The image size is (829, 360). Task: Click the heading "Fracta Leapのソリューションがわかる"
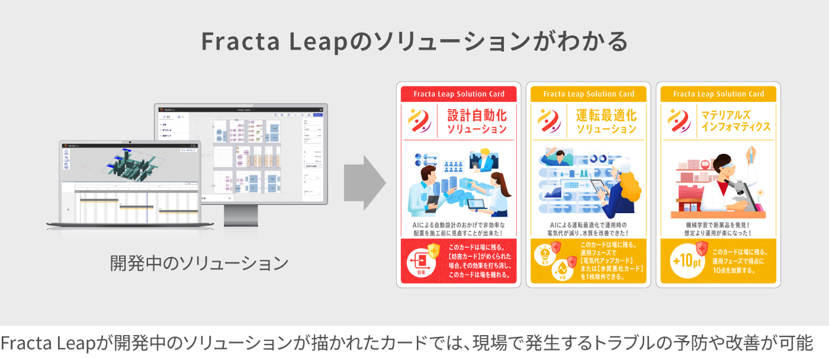point(414,41)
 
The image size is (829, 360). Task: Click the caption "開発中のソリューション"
point(199,263)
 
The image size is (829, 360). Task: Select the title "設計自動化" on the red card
point(477,115)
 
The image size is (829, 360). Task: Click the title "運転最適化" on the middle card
point(606,115)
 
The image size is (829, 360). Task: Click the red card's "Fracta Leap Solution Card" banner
point(459,94)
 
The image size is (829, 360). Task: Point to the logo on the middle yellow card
point(549,120)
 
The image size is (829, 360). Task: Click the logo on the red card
point(419,120)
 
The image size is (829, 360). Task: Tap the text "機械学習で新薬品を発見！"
point(718,225)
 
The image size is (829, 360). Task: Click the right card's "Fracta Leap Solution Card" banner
point(718,94)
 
